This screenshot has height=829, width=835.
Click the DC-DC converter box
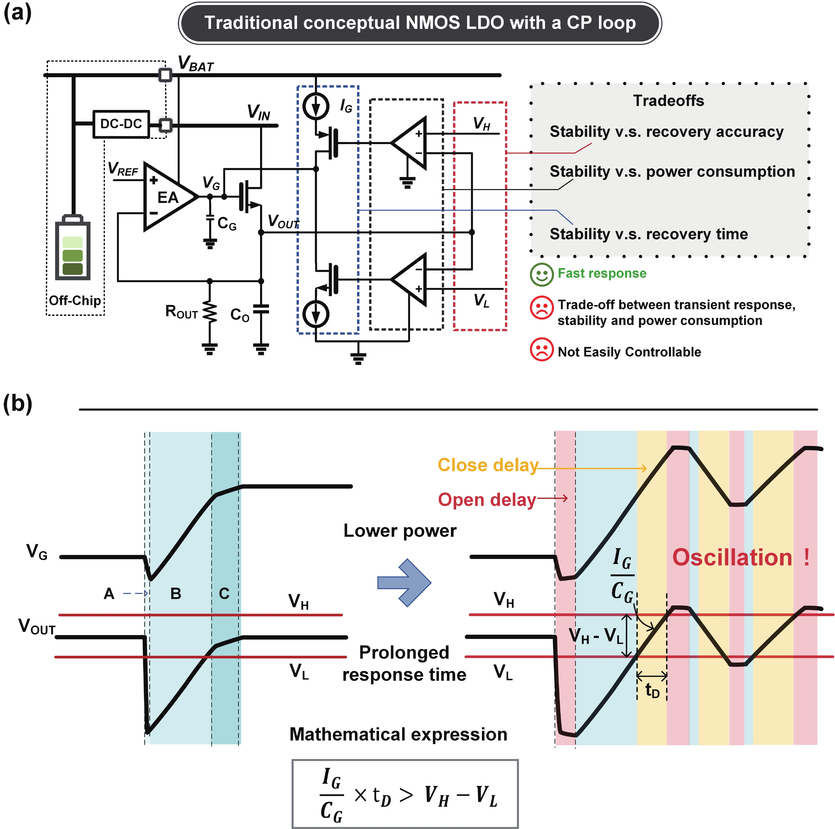tap(121, 124)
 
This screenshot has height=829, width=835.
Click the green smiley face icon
tap(542, 274)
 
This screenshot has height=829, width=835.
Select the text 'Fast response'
tap(602, 273)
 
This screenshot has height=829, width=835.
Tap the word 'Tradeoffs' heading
tap(668, 101)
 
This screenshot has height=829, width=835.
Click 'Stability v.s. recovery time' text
tap(648, 234)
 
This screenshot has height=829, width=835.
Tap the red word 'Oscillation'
tap(732, 557)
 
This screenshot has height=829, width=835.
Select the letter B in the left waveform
tap(175, 593)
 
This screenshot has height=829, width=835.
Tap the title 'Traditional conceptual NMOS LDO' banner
tap(420, 23)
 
